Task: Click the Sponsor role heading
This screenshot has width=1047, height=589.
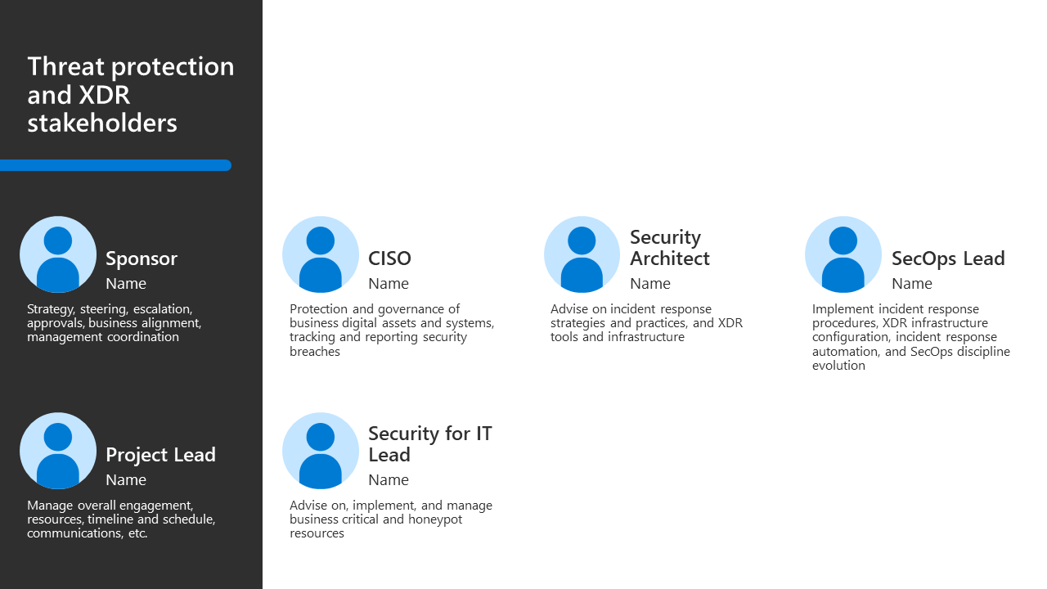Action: [x=142, y=259]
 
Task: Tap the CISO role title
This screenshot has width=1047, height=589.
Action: [x=389, y=259]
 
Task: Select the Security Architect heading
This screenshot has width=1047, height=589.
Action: [x=670, y=248]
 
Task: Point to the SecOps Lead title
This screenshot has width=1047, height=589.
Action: [x=948, y=259]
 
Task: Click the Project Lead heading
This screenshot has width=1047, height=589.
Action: [x=160, y=456]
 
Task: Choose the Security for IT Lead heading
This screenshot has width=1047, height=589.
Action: [x=430, y=444]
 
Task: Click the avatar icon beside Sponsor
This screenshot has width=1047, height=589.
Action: [x=58, y=254]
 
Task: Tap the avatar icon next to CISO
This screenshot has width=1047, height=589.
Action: [x=321, y=254]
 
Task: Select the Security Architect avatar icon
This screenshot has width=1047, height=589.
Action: [x=582, y=254]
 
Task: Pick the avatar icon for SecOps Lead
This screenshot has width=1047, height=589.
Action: [x=843, y=254]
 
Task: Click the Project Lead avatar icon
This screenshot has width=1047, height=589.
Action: [x=58, y=451]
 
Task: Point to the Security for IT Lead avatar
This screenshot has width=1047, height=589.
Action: [x=321, y=451]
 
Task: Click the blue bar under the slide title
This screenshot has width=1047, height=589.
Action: [x=115, y=165]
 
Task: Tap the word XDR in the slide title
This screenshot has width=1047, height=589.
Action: [x=104, y=95]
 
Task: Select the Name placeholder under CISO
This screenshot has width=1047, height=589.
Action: [x=389, y=284]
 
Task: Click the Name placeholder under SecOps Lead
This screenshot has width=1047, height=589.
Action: [x=912, y=284]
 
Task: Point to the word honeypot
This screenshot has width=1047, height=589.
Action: [x=435, y=519]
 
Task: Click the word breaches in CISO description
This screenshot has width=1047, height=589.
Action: [x=315, y=352]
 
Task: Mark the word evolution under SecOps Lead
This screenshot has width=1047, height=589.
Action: [x=838, y=366]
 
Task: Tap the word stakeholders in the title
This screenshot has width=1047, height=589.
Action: [x=102, y=124]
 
